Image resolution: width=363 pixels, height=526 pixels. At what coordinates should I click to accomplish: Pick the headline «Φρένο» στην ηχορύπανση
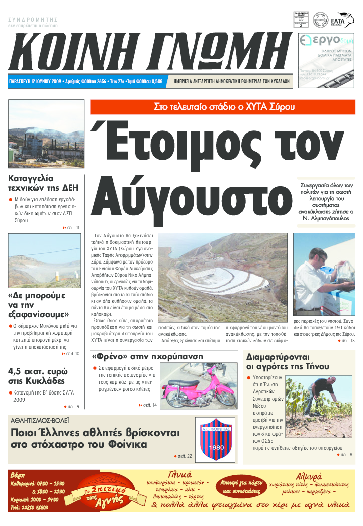tap(147, 356)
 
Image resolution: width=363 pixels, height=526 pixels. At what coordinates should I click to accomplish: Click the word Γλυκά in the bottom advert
tap(179, 474)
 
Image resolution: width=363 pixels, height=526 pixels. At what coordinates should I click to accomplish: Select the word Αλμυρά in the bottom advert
tap(308, 476)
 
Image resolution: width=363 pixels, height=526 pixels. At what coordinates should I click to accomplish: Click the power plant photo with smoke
tap(46, 134)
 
